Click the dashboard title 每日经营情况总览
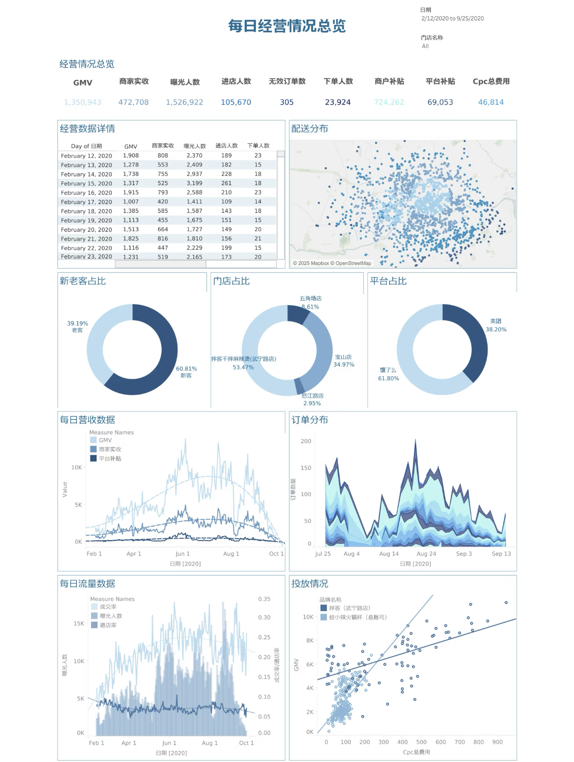pyautogui.click(x=287, y=26)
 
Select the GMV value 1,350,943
pyautogui.click(x=83, y=102)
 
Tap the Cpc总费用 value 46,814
pyautogui.click(x=491, y=102)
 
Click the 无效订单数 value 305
pyautogui.click(x=287, y=102)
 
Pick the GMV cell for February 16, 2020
pyautogui.click(x=131, y=192)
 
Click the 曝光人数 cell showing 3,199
pyautogui.click(x=195, y=183)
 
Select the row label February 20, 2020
pyautogui.click(x=86, y=229)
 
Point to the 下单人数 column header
pyautogui.click(x=258, y=146)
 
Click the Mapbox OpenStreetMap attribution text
pyautogui.click(x=332, y=263)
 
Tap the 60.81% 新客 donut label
pyautogui.click(x=186, y=372)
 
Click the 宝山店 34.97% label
pyautogui.click(x=344, y=361)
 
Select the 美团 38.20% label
pyautogui.click(x=496, y=325)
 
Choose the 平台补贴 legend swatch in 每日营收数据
pyautogui.click(x=93, y=458)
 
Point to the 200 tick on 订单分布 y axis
pyautogui.click(x=306, y=441)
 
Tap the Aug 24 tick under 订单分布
pyautogui.click(x=426, y=553)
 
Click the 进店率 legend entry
pyautogui.click(x=108, y=625)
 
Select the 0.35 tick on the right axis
pyautogui.click(x=264, y=599)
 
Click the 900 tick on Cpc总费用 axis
pyautogui.click(x=497, y=742)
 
